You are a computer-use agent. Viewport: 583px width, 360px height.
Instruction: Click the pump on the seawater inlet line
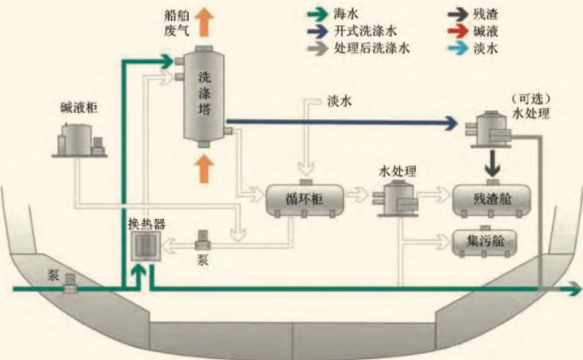tap(73, 279)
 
